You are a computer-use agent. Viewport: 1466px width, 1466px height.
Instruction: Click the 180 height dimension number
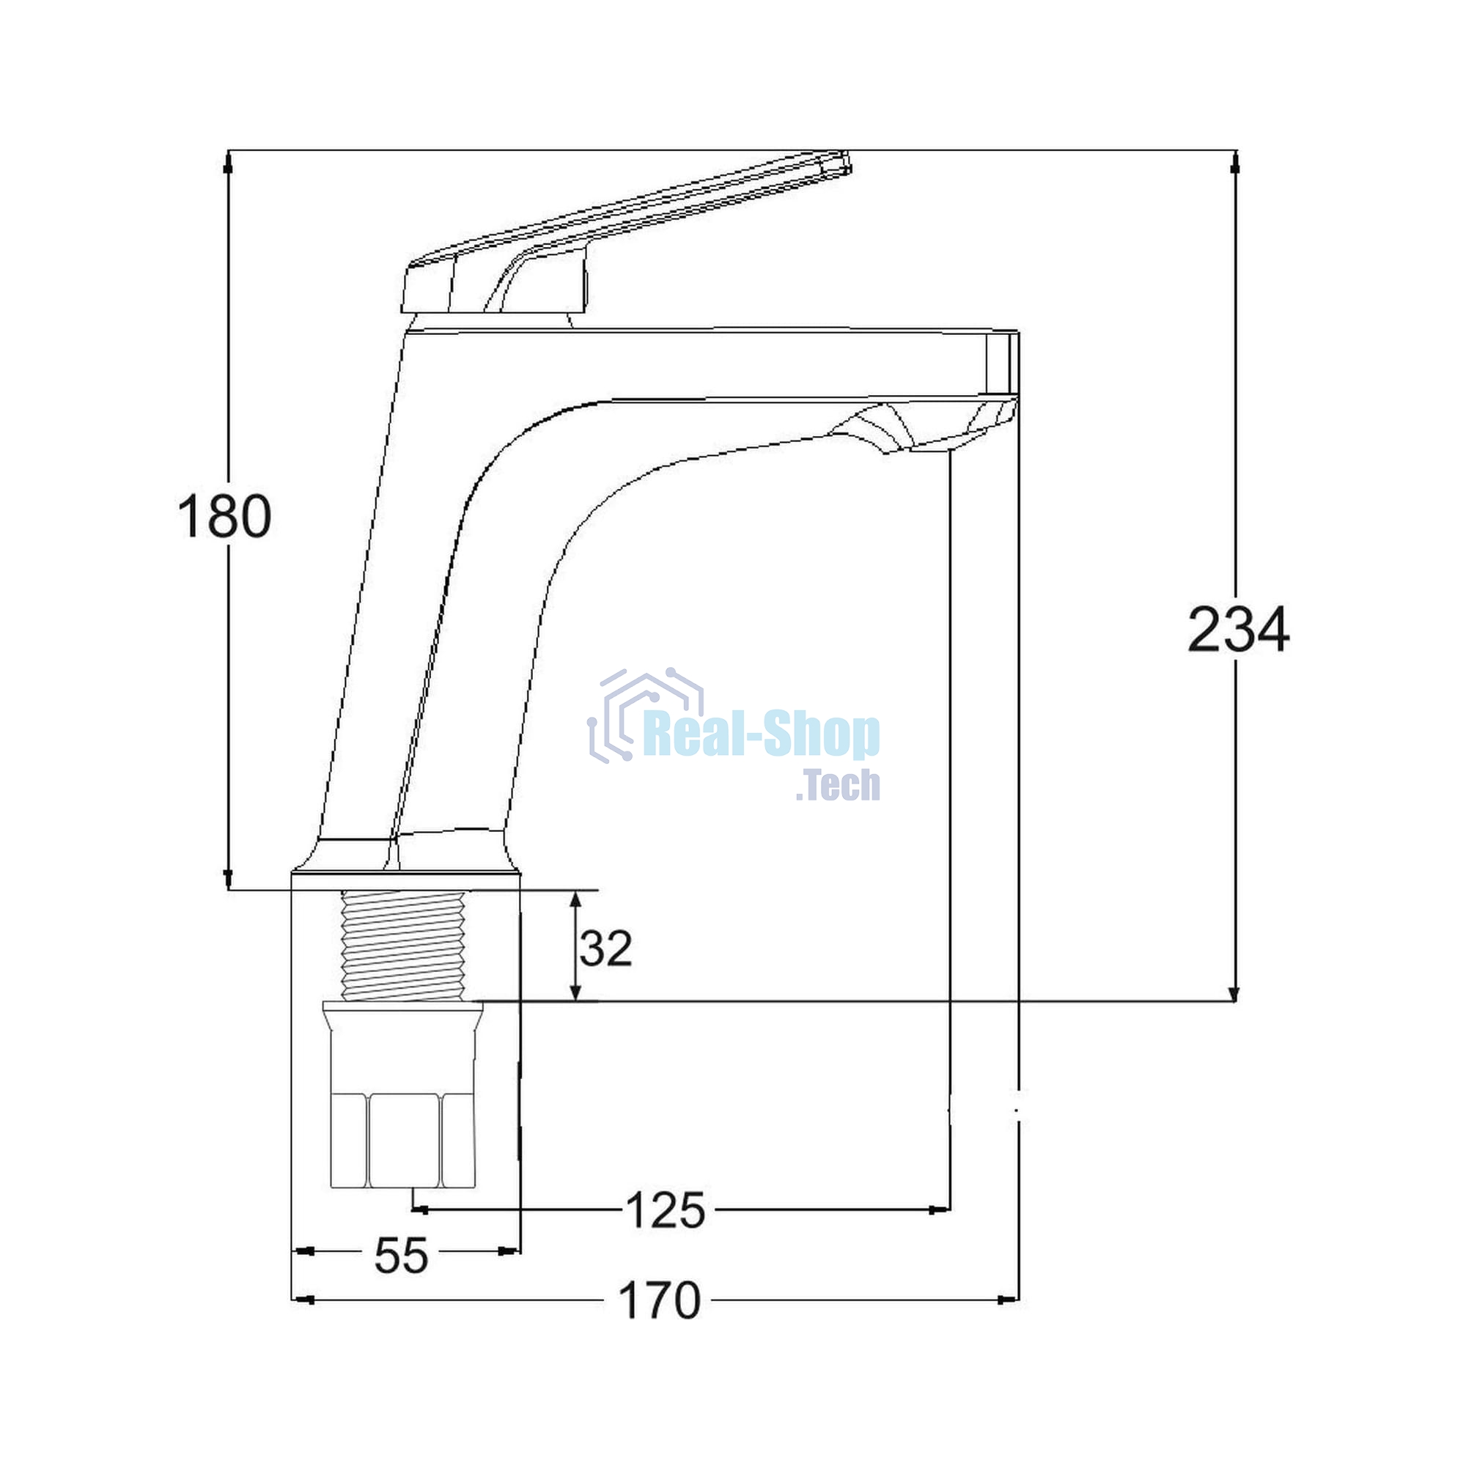tap(224, 516)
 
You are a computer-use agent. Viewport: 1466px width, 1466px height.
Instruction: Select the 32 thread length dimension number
tap(605, 949)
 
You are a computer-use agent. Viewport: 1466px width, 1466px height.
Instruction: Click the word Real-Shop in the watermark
tap(761, 735)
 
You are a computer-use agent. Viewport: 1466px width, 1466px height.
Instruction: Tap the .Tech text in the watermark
tap(838, 784)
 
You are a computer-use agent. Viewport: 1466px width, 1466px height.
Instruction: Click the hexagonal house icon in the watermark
tap(646, 714)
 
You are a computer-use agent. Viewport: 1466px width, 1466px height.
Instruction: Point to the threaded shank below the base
tap(403, 946)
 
